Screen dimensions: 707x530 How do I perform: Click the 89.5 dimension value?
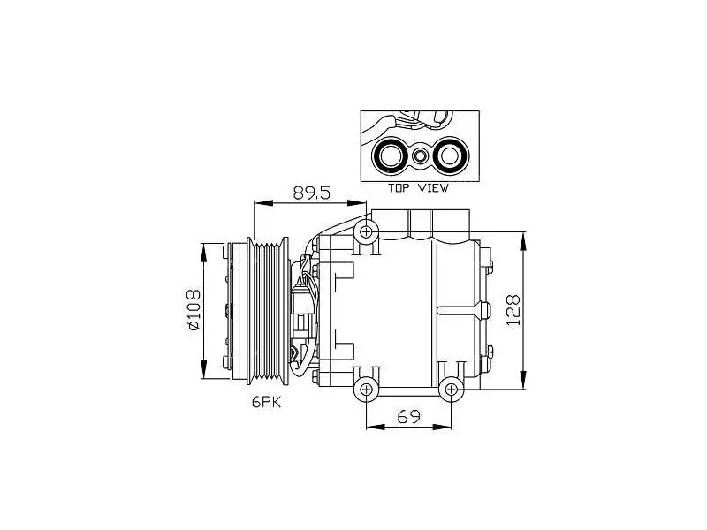(x=312, y=193)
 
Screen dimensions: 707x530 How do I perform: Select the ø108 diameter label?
(x=194, y=310)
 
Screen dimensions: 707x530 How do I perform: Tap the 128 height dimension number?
(x=513, y=310)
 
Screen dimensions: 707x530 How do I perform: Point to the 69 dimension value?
(x=408, y=416)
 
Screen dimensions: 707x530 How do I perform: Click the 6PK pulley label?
(x=267, y=402)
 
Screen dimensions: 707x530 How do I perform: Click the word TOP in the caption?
(x=399, y=188)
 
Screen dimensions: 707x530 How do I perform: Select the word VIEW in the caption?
(x=433, y=188)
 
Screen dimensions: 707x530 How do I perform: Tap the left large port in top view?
(x=388, y=156)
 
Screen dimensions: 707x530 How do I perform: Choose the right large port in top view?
(x=450, y=156)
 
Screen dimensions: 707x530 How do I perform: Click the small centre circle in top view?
(x=419, y=156)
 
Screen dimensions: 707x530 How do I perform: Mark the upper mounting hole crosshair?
(x=366, y=232)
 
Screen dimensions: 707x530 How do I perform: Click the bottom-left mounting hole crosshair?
(x=366, y=389)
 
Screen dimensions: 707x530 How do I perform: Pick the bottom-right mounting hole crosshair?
(x=451, y=389)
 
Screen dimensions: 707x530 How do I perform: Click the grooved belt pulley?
(x=268, y=311)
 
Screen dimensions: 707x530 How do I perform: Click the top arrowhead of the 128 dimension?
(x=523, y=241)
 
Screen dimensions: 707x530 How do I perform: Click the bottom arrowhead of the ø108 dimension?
(x=204, y=369)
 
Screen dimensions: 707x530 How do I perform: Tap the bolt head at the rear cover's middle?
(x=485, y=310)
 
